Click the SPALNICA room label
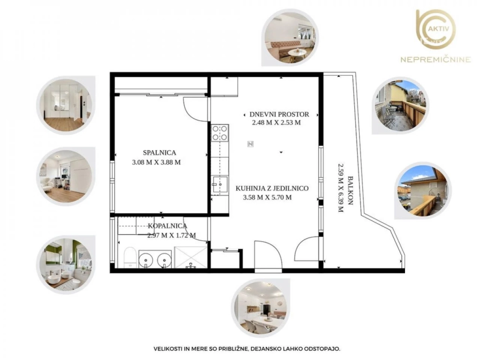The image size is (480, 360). pos(159,152)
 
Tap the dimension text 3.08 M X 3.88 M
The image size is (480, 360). pos(157,163)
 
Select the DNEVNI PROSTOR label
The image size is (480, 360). pos(279,115)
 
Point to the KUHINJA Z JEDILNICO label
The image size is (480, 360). pos(272,189)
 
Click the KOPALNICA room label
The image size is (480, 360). pos(167,226)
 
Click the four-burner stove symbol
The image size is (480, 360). pos(220,133)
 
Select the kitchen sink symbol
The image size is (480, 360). pos(219,185)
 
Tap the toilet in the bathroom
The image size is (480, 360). pos(130,258)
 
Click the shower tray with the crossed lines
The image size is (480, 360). pos(191,257)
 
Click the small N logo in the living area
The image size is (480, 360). pos(250,144)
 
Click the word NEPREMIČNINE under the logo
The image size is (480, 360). pos(436,59)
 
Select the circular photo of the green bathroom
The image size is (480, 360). pos(66,265)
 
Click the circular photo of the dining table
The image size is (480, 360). pos(261,308)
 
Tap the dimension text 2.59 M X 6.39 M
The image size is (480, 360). pos(340,188)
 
